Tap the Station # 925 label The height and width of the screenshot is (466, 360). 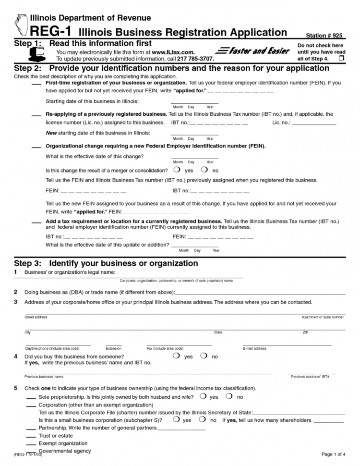[x=324, y=36]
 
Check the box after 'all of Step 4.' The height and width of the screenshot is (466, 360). [x=341, y=58]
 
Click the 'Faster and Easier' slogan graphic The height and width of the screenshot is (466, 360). [x=252, y=51]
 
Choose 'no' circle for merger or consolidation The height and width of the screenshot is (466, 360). [x=204, y=170]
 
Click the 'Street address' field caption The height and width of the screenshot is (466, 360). [x=36, y=317]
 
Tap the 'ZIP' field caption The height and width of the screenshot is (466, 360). [x=305, y=332]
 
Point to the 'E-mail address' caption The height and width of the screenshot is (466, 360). [x=254, y=348]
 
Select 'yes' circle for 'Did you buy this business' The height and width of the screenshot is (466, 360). [x=177, y=356]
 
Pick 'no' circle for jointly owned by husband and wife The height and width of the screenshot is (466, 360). [x=229, y=396]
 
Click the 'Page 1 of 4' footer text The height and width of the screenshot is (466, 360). [x=333, y=454]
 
